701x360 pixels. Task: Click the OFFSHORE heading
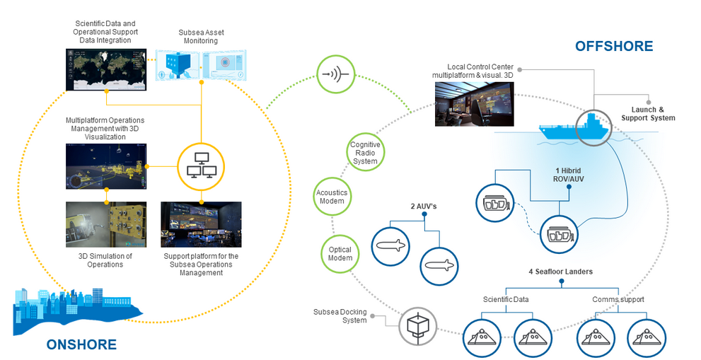(x=613, y=47)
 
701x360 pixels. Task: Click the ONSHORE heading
(x=81, y=344)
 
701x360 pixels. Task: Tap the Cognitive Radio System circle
(x=365, y=153)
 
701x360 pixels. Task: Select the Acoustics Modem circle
(x=330, y=196)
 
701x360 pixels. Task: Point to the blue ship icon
(x=573, y=129)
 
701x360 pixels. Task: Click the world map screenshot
(x=106, y=69)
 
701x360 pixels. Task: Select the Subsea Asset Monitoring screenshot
(x=202, y=71)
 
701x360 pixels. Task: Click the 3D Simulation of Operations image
(x=106, y=224)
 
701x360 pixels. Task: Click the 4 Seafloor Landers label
(x=561, y=272)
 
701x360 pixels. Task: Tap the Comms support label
(x=618, y=300)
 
